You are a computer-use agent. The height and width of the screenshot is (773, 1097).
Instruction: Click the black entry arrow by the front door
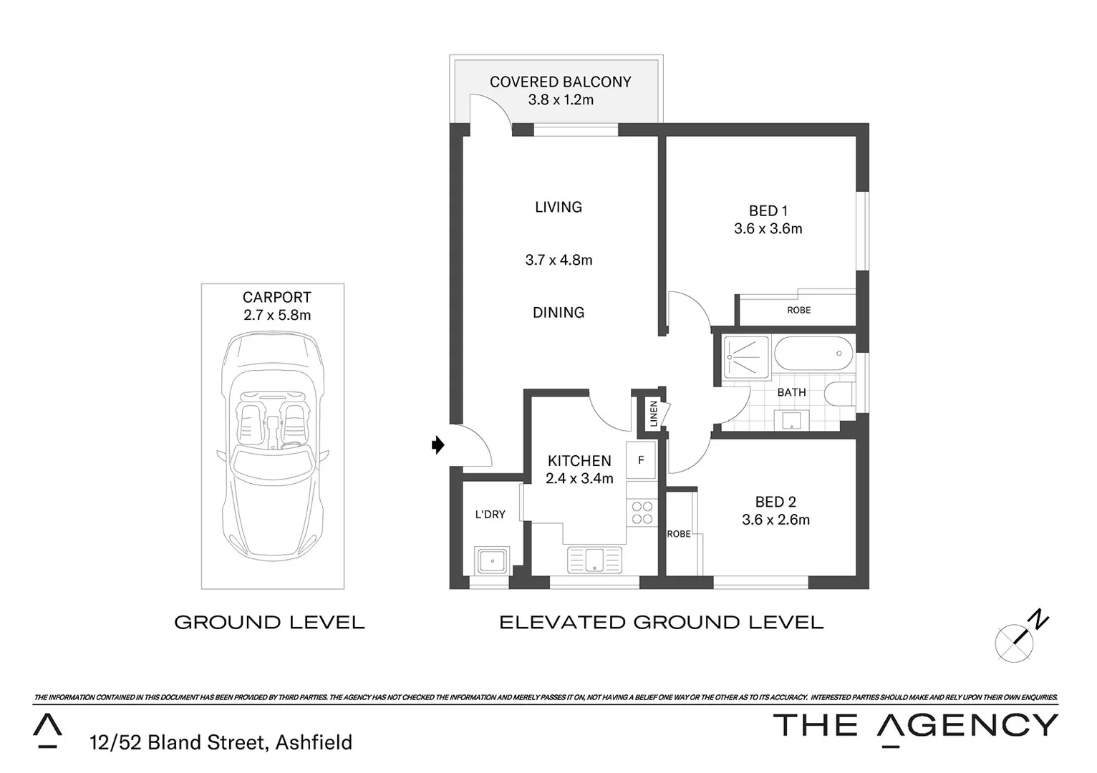tap(438, 445)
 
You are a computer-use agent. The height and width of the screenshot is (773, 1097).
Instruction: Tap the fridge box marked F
tap(641, 460)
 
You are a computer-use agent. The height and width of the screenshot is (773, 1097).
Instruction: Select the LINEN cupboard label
tap(653, 414)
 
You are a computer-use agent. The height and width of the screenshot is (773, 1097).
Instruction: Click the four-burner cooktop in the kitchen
tap(642, 513)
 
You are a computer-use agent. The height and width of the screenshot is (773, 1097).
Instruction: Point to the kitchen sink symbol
tap(594, 560)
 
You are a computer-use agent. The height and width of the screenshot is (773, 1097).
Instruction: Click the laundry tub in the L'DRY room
tap(492, 560)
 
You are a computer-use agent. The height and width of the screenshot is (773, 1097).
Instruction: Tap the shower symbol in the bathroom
tap(746, 356)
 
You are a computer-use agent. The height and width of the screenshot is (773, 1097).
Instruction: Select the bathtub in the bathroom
tap(813, 353)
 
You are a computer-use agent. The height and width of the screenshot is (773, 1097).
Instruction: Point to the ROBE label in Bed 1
tap(798, 310)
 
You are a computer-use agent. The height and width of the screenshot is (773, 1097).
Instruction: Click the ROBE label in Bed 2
tap(679, 534)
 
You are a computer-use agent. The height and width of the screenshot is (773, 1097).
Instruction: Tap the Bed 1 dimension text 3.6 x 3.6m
tap(768, 229)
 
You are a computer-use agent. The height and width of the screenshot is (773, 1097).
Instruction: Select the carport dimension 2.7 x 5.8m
tap(277, 315)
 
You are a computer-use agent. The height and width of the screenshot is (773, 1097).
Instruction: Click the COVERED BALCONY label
tap(560, 82)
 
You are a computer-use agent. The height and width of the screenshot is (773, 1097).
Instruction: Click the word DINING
tap(559, 312)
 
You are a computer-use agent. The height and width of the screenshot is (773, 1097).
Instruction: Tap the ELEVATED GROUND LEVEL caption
tap(661, 623)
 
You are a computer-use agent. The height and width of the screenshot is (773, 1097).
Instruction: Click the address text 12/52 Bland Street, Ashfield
tap(221, 742)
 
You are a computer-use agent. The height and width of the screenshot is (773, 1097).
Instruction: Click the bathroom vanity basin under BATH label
tap(791, 419)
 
